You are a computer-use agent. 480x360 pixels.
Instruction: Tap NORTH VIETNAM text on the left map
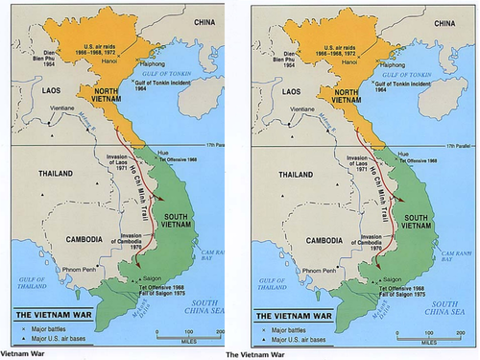[96, 95]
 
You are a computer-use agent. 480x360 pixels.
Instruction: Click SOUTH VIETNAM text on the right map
[420, 223]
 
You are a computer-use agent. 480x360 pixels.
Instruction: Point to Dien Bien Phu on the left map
[29, 60]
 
